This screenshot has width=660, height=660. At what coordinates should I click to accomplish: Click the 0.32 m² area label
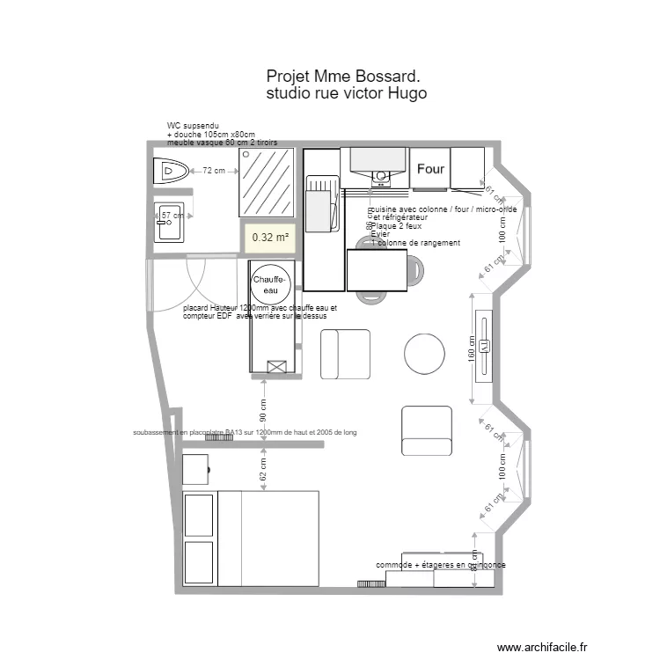[x=270, y=237]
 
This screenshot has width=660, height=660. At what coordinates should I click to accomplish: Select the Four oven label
[x=430, y=168]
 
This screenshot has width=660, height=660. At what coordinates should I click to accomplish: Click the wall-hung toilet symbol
[x=171, y=171]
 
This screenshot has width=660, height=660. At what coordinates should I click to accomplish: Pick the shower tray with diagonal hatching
[x=267, y=181]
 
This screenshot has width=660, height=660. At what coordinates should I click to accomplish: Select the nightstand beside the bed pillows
[x=196, y=470]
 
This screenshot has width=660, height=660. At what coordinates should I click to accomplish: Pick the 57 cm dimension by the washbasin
[x=172, y=215]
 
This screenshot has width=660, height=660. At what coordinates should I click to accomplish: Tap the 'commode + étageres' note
[x=440, y=565]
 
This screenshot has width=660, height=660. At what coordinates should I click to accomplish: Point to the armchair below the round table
[x=427, y=429]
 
